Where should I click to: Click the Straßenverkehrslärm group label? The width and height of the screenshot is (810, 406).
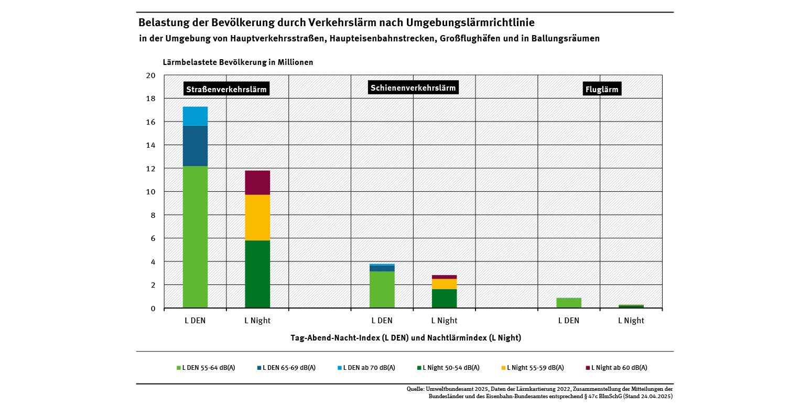coord(226,90)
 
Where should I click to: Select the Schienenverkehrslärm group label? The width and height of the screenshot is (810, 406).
coord(413,87)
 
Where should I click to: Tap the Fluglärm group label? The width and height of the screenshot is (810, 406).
coord(601,90)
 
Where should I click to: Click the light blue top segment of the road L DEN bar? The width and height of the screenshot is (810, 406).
coord(195,116)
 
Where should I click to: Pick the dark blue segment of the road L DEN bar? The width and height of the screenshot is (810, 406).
coord(195,146)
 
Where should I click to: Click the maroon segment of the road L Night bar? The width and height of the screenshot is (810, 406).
coord(257,182)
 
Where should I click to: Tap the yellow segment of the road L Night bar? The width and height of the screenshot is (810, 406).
coord(257,217)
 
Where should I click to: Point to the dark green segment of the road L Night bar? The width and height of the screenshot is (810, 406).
coord(257,274)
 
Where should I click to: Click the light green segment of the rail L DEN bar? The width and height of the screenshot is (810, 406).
coord(382,289)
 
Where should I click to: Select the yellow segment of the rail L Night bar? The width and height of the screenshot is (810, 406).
coord(444,284)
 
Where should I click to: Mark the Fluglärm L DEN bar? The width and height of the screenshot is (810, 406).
coord(568,303)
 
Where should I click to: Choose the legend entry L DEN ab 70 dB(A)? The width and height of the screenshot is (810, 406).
coord(366,368)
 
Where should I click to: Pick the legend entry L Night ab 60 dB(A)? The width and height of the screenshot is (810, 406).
coord(617,368)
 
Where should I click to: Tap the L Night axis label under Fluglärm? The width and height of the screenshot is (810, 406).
coord(631,321)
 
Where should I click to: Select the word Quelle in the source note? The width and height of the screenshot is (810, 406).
coord(416,389)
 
